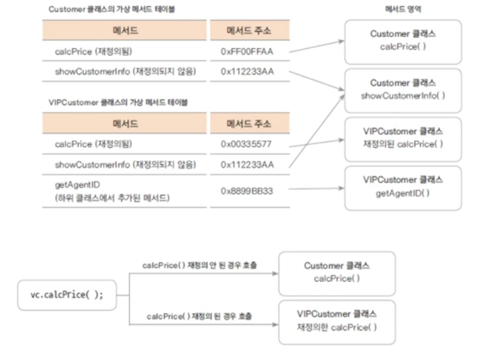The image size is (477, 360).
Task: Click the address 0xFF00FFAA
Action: tap(246, 52)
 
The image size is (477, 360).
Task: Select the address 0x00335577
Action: tap(246, 144)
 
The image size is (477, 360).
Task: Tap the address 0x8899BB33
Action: tap(246, 191)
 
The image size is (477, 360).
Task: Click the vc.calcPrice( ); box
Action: tap(67, 295)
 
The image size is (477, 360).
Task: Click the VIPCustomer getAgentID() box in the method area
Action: tap(403, 188)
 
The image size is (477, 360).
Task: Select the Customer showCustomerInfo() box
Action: tap(403, 90)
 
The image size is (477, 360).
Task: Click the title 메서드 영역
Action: tap(403, 10)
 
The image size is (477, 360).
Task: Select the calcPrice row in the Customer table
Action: tap(93, 52)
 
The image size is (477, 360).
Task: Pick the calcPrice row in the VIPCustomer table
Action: tap(93, 144)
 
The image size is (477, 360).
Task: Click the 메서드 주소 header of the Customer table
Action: tap(249, 31)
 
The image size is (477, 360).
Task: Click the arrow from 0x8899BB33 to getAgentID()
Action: tap(316, 189)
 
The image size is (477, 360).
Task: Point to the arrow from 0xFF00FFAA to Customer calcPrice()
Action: tap(316, 47)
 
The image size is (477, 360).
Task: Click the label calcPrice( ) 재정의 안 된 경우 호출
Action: tap(199, 266)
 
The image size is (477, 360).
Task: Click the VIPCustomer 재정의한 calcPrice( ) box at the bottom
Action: tap(336, 321)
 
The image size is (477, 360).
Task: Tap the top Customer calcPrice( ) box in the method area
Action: tap(403, 41)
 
